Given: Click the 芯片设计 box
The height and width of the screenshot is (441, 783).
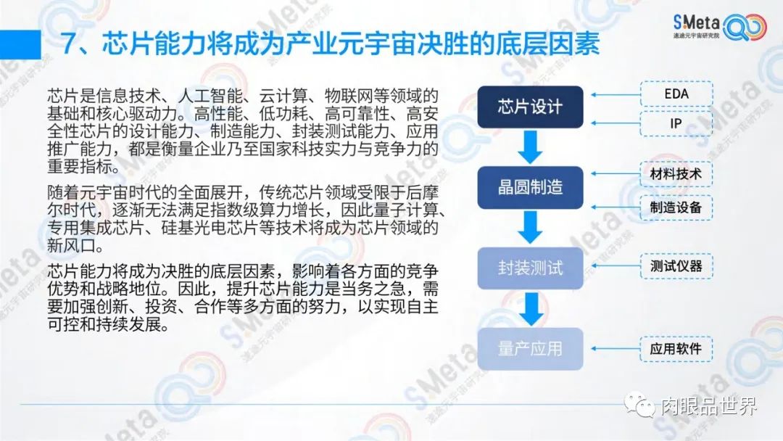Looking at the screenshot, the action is coord(530,107).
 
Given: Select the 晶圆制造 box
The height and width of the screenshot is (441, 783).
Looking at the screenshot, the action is coord(530,188).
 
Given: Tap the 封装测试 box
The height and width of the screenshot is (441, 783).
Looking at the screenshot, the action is coord(530,268).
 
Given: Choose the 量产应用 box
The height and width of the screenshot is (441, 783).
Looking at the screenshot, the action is coord(530,349).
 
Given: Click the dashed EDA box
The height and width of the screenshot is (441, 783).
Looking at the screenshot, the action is coord(676,94).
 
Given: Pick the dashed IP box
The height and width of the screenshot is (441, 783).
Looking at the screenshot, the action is coord(676,123).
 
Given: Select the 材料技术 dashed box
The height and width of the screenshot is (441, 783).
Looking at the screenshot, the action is coord(676,174).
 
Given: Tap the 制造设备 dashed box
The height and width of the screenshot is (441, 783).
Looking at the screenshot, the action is coord(676,207).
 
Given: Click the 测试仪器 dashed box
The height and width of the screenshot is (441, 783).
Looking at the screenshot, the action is coord(676,265).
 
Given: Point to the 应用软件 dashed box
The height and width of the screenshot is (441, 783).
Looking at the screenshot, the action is coord(676,349).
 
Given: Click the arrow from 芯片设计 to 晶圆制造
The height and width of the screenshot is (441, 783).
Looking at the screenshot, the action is coord(530,147).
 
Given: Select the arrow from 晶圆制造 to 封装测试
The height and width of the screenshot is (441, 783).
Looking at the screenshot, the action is coord(530,228).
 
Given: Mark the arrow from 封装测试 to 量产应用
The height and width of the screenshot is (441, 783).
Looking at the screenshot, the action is coord(531,309).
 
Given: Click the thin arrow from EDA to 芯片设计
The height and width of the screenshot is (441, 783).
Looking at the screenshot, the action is coord(616,94).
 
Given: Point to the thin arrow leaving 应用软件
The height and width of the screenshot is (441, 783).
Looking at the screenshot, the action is coord(616,349).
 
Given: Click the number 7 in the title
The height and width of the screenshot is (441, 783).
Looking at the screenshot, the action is coord(70,44).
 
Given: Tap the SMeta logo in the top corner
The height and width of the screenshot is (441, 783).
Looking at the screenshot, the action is coord(719,26).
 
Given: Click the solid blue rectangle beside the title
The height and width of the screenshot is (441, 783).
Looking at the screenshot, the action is coord(20,44).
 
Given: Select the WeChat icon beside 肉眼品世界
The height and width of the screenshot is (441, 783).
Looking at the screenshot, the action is coord(639,405).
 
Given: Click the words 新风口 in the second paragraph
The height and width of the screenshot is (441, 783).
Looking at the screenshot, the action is coord(71,245).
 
